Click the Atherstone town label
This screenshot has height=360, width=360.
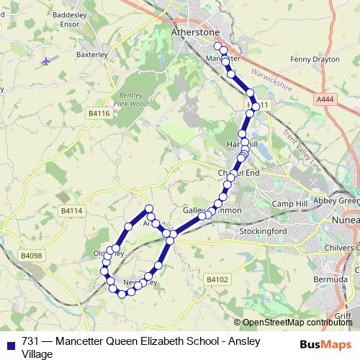194,32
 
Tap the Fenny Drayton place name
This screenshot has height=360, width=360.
315,60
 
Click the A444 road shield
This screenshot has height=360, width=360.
324,99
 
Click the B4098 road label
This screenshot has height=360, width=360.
31,256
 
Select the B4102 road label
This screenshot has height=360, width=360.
217,279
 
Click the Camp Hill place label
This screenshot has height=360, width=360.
289,204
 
